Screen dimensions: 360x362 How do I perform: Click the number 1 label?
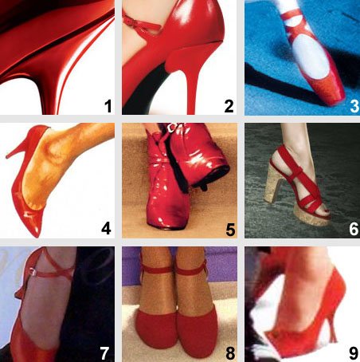click(x=108, y=106)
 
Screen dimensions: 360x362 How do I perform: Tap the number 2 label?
click(x=229, y=106)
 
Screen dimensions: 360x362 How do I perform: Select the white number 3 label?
click(x=354, y=106)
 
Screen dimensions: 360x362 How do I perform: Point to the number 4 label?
click(x=106, y=228)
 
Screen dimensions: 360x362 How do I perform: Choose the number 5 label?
click(x=230, y=230)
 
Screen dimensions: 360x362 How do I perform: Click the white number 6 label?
click(x=354, y=229)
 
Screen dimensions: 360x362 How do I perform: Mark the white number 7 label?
click(x=104, y=353)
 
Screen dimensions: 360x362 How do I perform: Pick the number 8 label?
click(x=230, y=353)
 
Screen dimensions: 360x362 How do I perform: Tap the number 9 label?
click(x=354, y=353)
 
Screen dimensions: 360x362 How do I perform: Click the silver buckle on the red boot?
click(x=174, y=127)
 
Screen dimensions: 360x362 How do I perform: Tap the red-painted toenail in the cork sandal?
click(x=325, y=211)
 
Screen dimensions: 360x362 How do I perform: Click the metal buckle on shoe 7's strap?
click(x=32, y=271)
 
